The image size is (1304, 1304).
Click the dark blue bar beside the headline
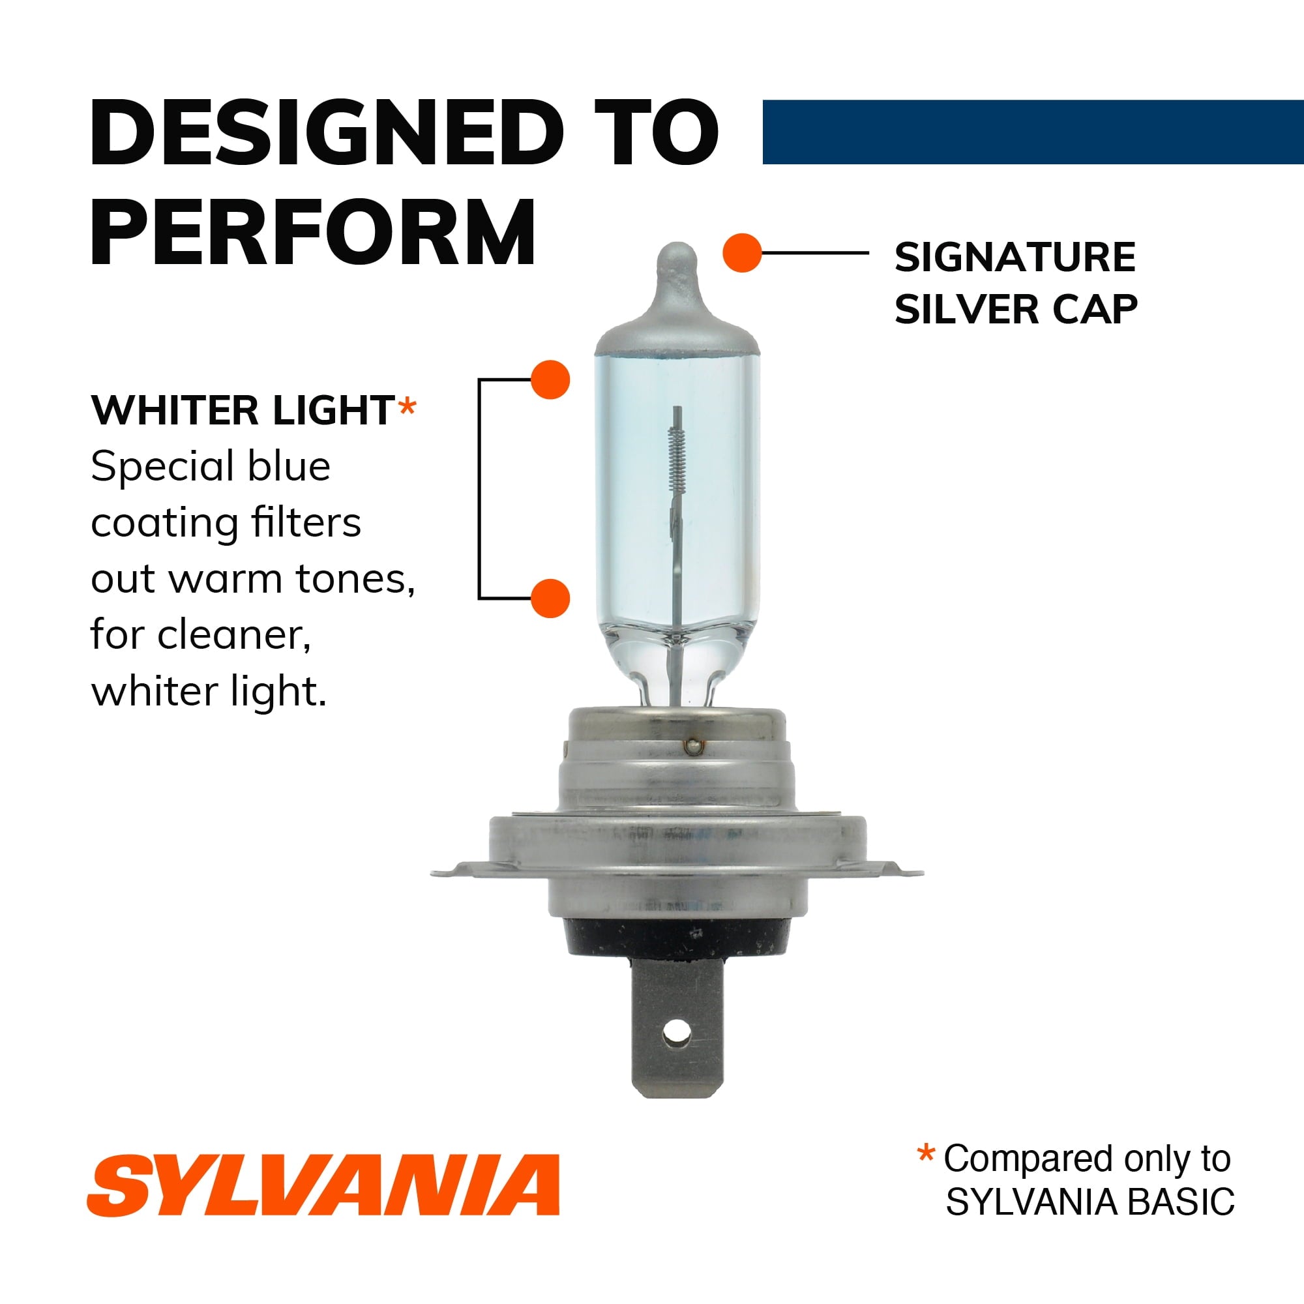[1033, 132]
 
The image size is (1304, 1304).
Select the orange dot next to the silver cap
[741, 253]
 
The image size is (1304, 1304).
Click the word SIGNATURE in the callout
[1015, 257]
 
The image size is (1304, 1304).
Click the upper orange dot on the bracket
[550, 379]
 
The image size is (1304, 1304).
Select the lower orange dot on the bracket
[550, 598]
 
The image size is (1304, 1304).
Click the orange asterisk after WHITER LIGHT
[407, 408]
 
